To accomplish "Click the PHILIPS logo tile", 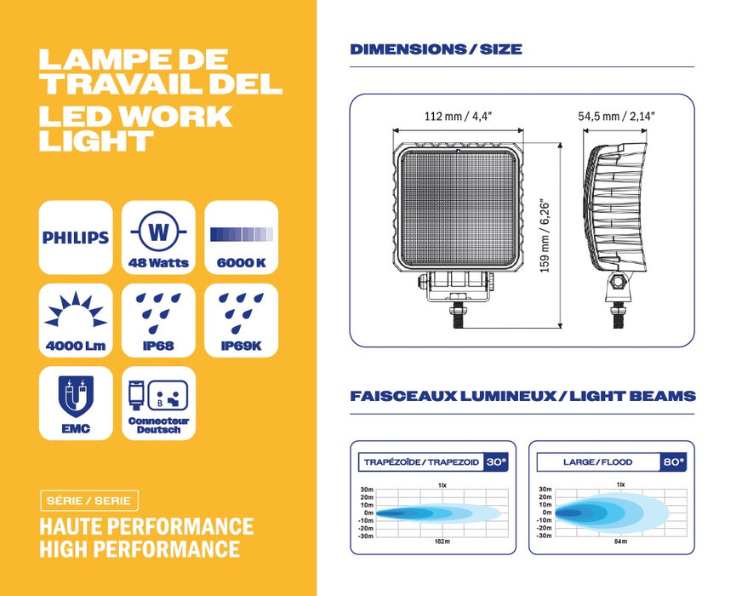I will pyautogui.click(x=76, y=237).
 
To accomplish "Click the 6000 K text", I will pyautogui.click(x=241, y=262).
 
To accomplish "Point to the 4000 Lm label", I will pyautogui.click(x=76, y=347).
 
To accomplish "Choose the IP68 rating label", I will pyautogui.click(x=157, y=347).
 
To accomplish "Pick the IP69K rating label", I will pyautogui.click(x=241, y=347).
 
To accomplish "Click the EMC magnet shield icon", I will pyautogui.click(x=75, y=395).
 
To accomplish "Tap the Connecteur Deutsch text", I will pyautogui.click(x=159, y=425).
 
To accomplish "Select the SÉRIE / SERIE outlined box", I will pyautogui.click(x=88, y=500).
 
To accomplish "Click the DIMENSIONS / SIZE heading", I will pyautogui.click(x=436, y=49).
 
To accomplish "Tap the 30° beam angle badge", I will pyautogui.click(x=496, y=462).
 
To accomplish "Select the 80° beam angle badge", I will pyautogui.click(x=674, y=462).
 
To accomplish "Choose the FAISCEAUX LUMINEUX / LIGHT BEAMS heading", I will pyautogui.click(x=522, y=396).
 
